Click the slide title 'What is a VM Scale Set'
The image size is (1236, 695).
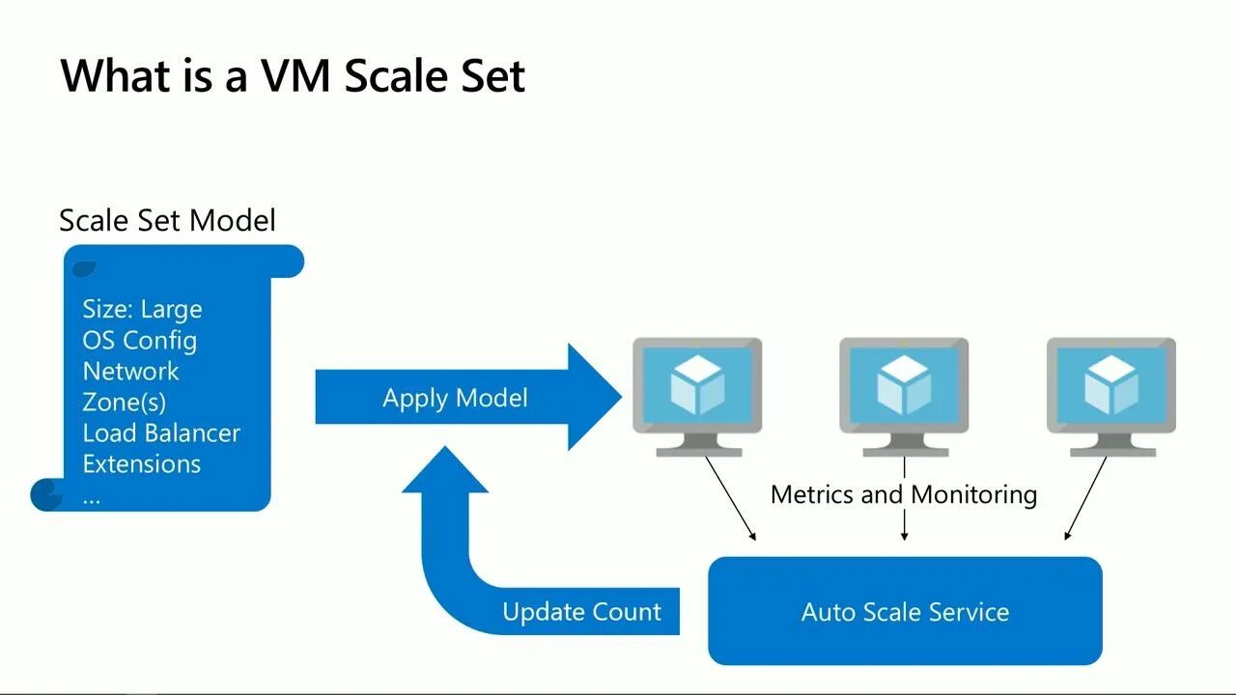pos(293,75)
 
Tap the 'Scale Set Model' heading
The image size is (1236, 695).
pos(167,220)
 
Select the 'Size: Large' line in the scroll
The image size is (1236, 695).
pos(142,309)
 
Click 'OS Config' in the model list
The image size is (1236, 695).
pos(140,341)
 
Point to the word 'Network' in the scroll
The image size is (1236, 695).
pos(130,372)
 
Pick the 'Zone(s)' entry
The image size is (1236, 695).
pos(125,403)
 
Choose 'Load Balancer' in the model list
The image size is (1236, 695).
pos(161,433)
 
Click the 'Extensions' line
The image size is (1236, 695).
pos(142,464)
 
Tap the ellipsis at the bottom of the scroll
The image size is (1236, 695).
pos(92,501)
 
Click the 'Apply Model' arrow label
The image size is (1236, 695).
pos(455,398)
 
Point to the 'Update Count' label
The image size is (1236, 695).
pos(581,612)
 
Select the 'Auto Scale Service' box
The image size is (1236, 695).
pos(906,611)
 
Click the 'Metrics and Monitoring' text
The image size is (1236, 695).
pos(904,494)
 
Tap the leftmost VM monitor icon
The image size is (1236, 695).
pos(697,397)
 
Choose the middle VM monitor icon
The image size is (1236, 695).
pos(905,397)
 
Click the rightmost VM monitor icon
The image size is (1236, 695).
pos(1111,397)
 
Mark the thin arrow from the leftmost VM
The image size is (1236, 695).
pos(731,499)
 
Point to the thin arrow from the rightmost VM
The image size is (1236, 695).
pos(1085,498)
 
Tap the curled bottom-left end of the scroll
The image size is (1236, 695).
pos(47,495)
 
